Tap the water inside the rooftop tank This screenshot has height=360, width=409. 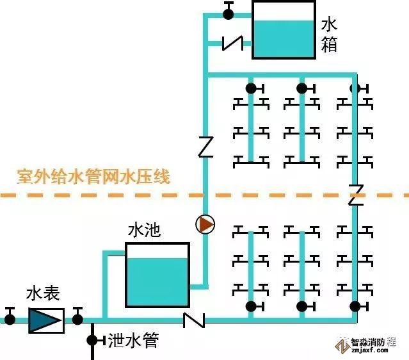tap(284, 39)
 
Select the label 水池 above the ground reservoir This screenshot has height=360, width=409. tap(144, 230)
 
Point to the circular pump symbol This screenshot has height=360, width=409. tap(205, 224)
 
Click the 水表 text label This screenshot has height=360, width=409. tap(43, 294)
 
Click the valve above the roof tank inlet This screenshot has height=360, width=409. tap(229, 12)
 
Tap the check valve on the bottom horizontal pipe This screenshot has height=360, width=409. tap(193, 319)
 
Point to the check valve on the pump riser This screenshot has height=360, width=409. tap(205, 147)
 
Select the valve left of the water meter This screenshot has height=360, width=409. tap(10, 317)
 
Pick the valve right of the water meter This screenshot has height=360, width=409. tap(78, 316)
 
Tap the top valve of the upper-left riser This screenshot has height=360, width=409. tap(251, 88)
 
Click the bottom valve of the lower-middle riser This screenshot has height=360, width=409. tap(302, 306)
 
